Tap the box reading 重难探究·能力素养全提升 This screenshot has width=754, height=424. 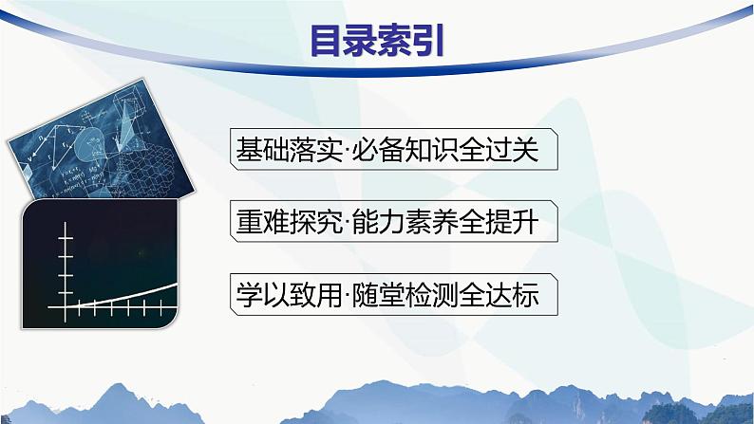click(x=392, y=223)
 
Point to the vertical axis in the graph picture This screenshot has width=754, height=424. click(x=66, y=266)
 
